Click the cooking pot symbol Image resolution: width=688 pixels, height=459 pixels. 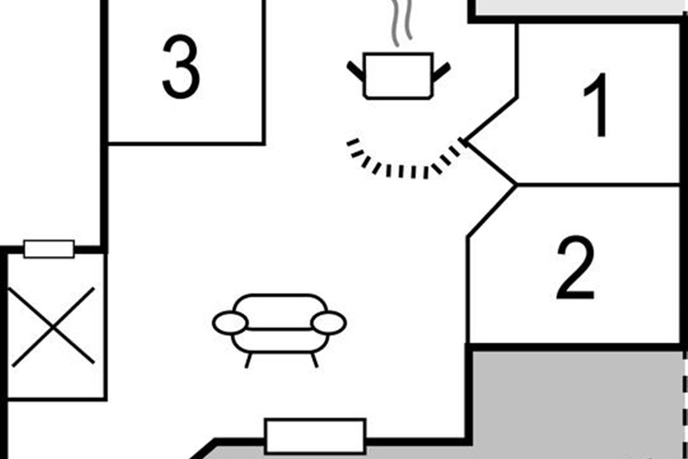point(398,76)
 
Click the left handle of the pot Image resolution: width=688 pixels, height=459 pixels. point(355,71)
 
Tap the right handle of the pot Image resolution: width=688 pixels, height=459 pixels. point(441,71)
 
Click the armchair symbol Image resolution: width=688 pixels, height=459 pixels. point(279,324)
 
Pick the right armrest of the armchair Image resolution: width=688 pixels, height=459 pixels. point(329,323)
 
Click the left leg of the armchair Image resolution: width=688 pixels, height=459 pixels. point(248,360)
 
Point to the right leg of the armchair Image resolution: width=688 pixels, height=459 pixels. point(314,360)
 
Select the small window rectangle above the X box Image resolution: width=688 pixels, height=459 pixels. point(49,249)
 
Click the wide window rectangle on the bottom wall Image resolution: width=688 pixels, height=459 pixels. point(315,436)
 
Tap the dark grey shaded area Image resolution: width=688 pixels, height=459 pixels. point(573,402)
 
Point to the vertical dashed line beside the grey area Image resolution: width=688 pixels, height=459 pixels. point(685,402)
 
